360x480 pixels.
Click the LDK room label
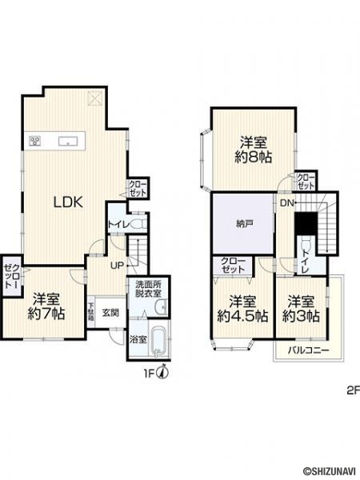click(68, 202)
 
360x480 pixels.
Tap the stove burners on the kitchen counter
click(35, 142)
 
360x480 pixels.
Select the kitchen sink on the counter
click(69, 142)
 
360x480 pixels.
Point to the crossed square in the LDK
click(94, 98)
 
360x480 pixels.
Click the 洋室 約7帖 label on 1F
click(46, 306)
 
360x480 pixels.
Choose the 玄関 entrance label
click(110, 313)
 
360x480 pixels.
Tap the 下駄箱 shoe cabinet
click(91, 312)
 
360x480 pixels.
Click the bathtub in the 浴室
click(158, 342)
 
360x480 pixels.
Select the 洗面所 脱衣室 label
click(149, 289)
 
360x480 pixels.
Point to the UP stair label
click(117, 266)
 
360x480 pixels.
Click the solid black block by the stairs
click(306, 223)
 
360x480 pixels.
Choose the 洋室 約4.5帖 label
click(242, 309)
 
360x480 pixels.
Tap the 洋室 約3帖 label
click(301, 309)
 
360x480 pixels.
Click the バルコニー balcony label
click(308, 350)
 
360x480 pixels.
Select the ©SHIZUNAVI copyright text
click(329, 474)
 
